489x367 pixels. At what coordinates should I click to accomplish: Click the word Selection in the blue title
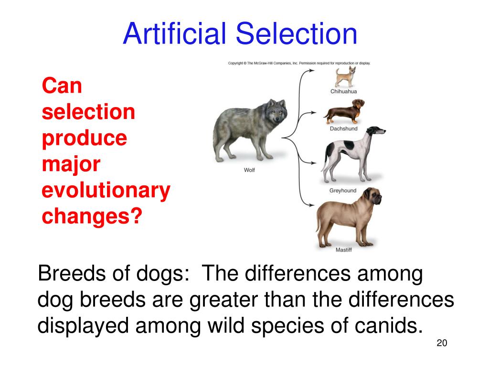coord(297,34)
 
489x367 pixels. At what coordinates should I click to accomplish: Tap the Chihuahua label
coord(343,91)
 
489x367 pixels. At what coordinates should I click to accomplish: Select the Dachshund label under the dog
coord(343,129)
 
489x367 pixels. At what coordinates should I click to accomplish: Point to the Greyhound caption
coord(343,191)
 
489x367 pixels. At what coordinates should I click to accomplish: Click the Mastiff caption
coord(343,250)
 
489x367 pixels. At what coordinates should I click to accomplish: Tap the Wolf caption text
coord(249,170)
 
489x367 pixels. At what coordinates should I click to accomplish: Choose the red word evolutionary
coord(106,191)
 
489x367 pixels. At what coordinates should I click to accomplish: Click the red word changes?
coord(92,216)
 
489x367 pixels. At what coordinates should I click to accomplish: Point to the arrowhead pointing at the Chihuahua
coord(312,71)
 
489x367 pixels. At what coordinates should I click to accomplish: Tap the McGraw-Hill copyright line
coord(299,63)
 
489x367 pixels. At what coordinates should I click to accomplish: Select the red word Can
coord(62,86)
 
